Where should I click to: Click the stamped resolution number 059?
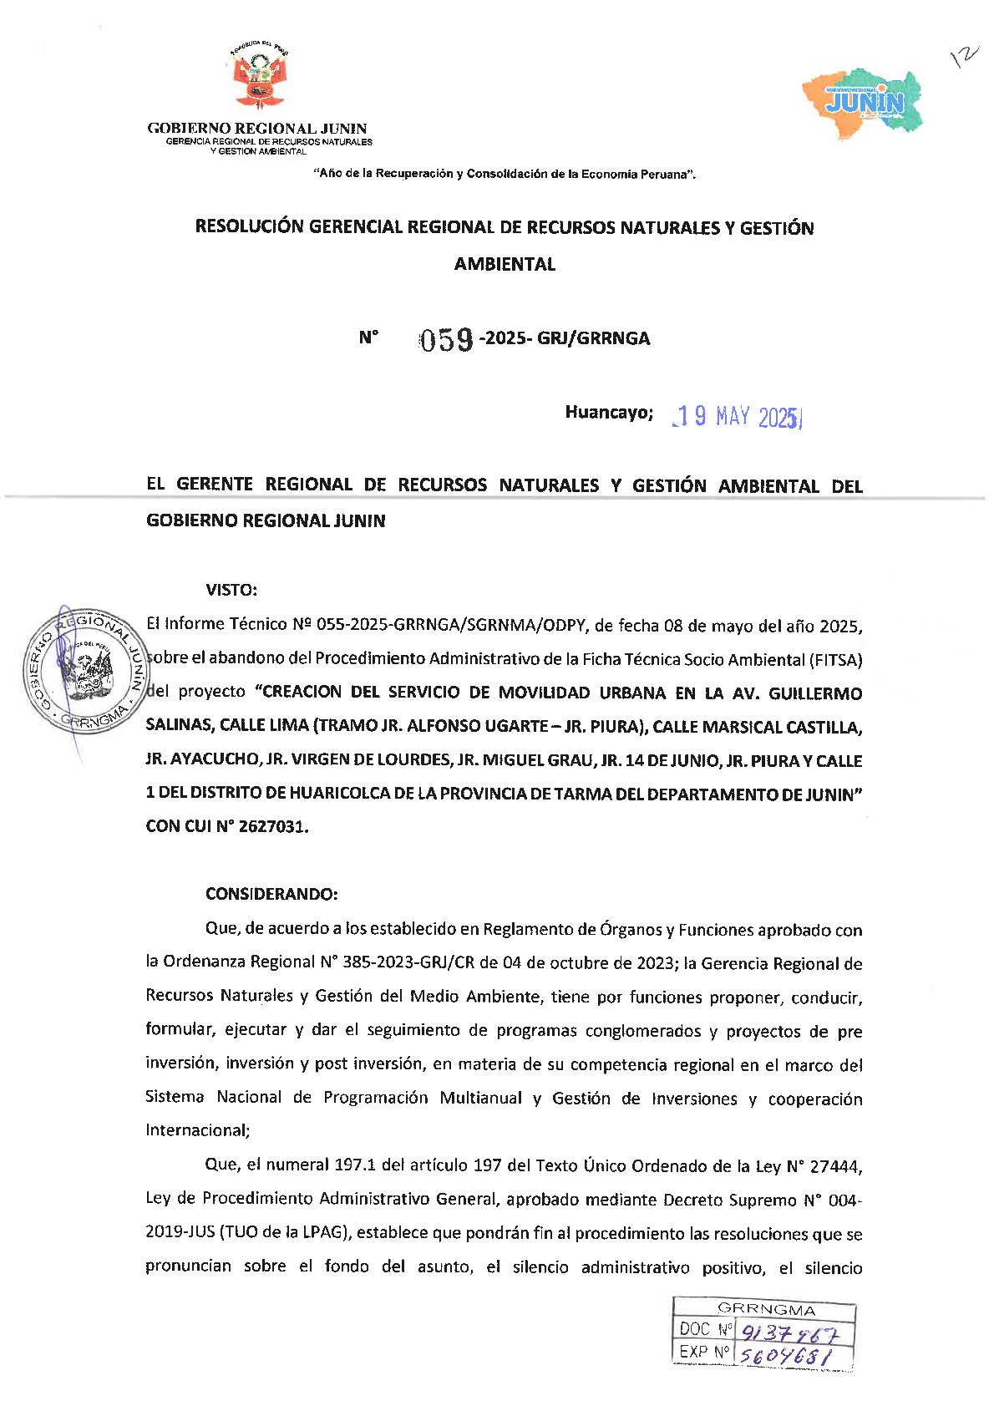click(x=446, y=339)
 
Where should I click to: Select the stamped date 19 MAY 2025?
click(x=737, y=416)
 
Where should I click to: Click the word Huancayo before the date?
click(x=608, y=412)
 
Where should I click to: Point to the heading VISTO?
click(x=231, y=590)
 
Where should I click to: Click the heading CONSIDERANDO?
click(x=271, y=894)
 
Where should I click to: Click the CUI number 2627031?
click(x=272, y=826)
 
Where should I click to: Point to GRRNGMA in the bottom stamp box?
click(x=766, y=1309)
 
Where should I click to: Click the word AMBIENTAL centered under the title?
click(x=505, y=264)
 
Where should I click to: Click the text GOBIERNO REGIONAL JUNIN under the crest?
click(x=257, y=129)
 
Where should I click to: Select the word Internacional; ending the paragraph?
click(x=197, y=1130)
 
